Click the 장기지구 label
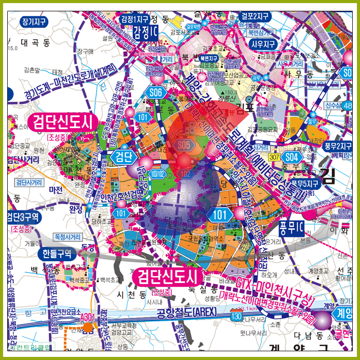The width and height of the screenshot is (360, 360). pyautogui.click(x=34, y=22)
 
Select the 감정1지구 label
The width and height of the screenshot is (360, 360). pyautogui.click(x=134, y=19)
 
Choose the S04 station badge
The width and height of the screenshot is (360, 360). pyautogui.click(x=292, y=156)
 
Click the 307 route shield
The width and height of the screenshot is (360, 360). pyautogui.click(x=274, y=157)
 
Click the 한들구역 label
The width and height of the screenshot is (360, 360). pyautogui.click(x=57, y=254)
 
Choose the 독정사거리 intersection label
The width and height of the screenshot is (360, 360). pyautogui.click(x=67, y=237)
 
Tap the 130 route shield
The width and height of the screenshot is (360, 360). pyautogui.click(x=236, y=315)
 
